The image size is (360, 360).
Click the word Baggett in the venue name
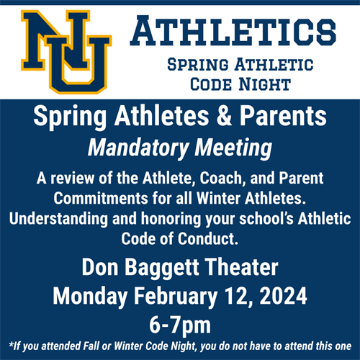click(x=178, y=267)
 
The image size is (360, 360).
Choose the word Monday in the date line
click(x=92, y=295)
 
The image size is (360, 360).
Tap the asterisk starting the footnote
click(x=11, y=345)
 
